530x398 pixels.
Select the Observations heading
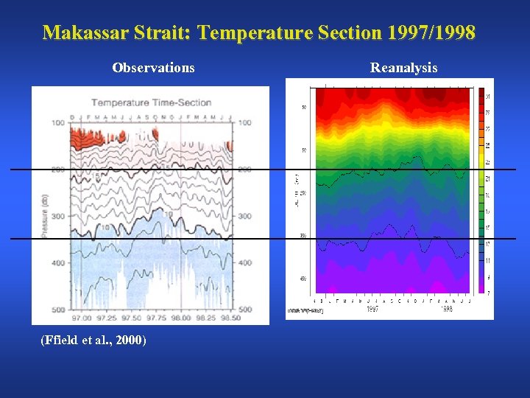pos(153,68)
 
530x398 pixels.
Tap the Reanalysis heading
pos(403,68)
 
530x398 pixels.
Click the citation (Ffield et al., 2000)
pos(93,340)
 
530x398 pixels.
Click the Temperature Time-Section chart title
pos(151,102)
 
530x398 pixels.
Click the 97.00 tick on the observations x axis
pos(82,318)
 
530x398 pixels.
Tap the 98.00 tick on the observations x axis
pos(181,318)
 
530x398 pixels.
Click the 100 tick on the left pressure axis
pos(58,122)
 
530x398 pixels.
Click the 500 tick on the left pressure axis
pos(58,310)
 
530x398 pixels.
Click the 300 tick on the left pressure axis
pos(58,216)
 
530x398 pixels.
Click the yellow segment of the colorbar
pos(479,161)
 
